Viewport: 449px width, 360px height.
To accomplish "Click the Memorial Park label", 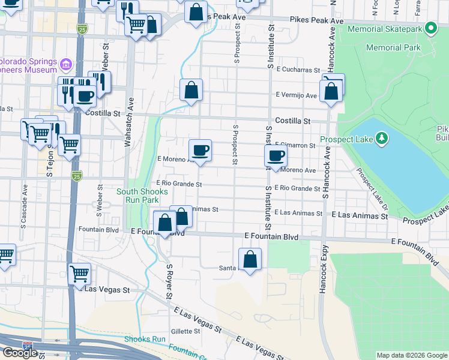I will (393, 47).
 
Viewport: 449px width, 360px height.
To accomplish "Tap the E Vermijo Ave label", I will (296, 95).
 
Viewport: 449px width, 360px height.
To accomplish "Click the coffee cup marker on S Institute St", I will (276, 157).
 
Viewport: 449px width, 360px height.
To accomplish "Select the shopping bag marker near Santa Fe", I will (250, 260).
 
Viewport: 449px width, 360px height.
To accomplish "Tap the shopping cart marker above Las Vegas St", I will (79, 274).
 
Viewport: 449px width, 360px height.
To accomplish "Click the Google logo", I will (20, 353).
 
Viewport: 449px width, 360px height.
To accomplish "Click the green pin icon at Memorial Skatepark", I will (430, 28).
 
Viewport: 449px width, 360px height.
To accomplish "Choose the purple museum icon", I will (66, 63).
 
